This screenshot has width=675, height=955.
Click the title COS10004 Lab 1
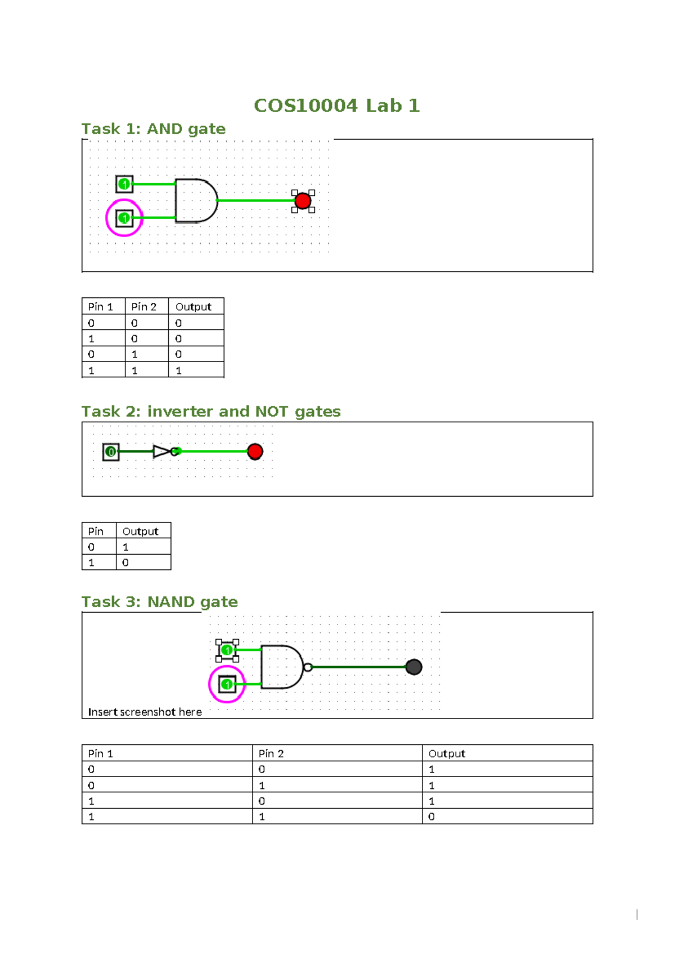pos(336,105)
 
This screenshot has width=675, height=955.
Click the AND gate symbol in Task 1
pos(195,200)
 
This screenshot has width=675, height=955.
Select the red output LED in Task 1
pos(303,201)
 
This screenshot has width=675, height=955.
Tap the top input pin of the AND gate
pos(124,184)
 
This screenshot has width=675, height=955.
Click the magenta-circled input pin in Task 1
pos(124,218)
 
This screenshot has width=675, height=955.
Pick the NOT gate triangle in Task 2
pos(162,452)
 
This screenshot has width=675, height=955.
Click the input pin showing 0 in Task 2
pos(111,452)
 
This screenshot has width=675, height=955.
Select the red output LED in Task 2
pos(255,452)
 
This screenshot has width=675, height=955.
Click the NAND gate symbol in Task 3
pos(281,667)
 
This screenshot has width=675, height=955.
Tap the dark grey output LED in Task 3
pos(413,667)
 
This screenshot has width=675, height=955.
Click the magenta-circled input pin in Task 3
pos(227,684)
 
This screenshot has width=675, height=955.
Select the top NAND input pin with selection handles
pos(227,650)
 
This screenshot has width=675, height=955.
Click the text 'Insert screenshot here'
pos(145,712)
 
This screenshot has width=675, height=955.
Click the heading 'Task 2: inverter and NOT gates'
pos(211,412)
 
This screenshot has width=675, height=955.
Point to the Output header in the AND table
pos(193,307)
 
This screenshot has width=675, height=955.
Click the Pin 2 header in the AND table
pos(143,307)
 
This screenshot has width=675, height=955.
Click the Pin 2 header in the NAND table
pos(271,753)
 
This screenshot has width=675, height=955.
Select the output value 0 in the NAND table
pos(431,816)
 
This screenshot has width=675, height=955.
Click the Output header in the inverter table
pos(140,531)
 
